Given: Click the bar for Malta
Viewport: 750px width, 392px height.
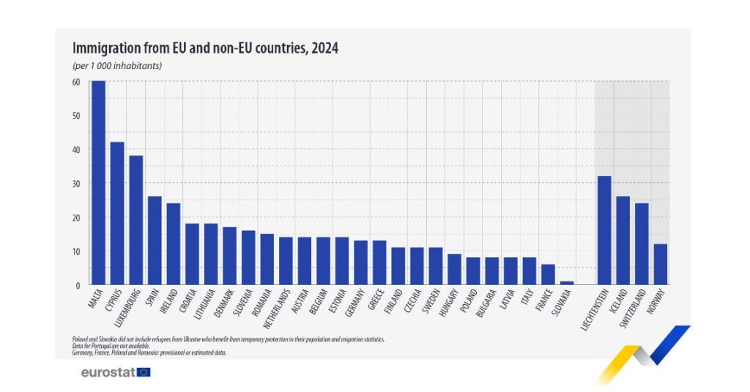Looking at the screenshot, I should click(98, 183).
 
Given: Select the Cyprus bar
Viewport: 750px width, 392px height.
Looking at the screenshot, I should click(117, 213).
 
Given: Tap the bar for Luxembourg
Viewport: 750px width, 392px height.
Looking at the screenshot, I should click(135, 220).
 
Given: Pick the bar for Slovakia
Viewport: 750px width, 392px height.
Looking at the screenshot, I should click(566, 283).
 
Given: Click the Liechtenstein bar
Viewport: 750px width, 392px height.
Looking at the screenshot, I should click(604, 230).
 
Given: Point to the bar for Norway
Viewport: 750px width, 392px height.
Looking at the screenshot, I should click(660, 265).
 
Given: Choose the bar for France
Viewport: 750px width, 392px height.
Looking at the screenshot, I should click(548, 275).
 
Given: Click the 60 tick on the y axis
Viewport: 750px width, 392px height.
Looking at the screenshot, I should click(76, 82).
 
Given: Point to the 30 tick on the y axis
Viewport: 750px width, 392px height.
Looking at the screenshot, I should click(76, 183).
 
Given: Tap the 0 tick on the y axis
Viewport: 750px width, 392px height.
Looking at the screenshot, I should click(78, 285).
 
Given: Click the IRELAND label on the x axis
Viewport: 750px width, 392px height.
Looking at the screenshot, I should click(168, 303).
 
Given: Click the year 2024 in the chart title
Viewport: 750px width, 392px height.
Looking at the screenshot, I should click(324, 48).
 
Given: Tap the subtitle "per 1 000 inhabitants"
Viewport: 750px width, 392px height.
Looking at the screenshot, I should click(117, 66).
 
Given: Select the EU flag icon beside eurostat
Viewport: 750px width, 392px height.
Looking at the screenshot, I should click(144, 372).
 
